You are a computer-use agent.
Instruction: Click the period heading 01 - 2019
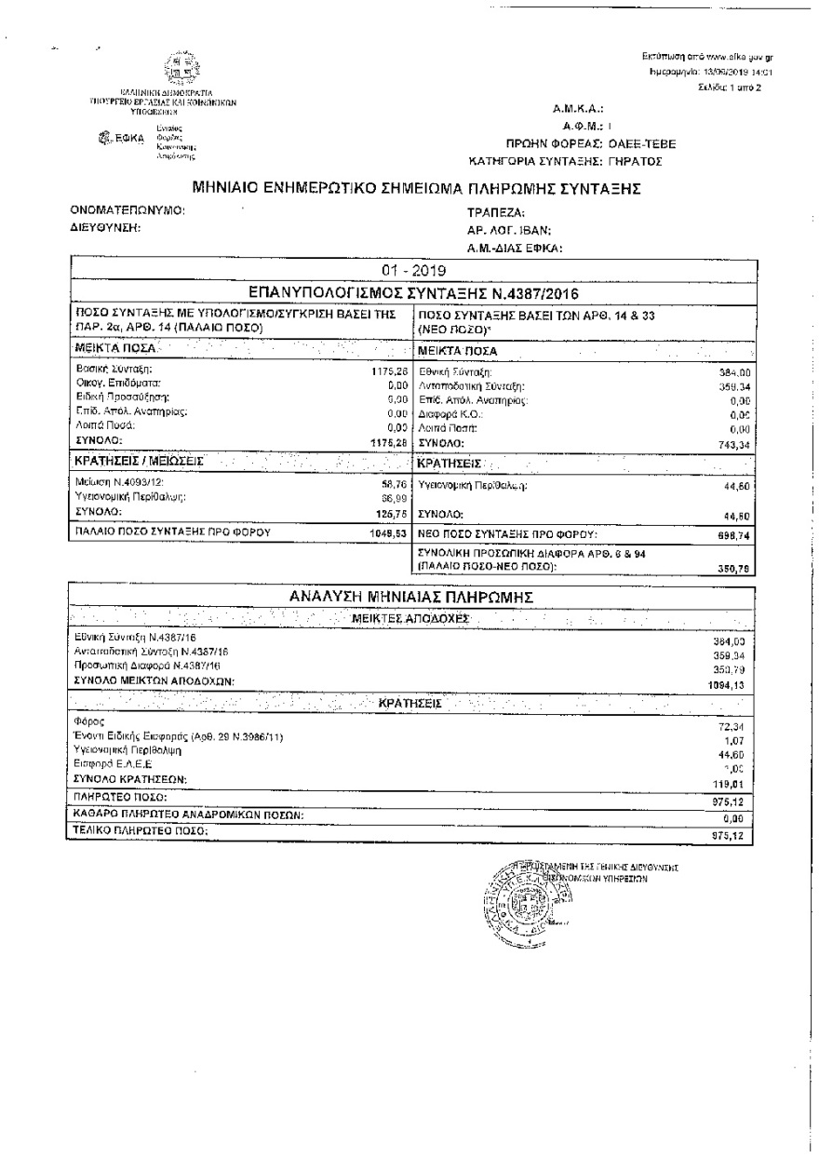click(x=412, y=271)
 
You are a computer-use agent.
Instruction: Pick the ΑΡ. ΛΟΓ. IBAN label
click(x=509, y=230)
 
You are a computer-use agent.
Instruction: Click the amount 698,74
click(x=732, y=535)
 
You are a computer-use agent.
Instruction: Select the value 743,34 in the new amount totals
click(x=732, y=443)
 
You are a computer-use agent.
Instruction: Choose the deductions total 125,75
click(x=393, y=513)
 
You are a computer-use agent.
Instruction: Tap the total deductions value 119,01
click(x=732, y=784)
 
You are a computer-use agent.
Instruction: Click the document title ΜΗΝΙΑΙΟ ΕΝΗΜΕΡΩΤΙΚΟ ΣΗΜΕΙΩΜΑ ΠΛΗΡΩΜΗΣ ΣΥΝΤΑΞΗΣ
click(x=416, y=188)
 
